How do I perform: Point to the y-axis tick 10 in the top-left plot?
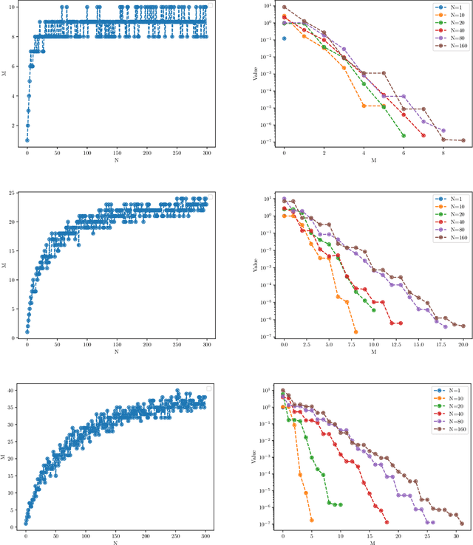point(17,7)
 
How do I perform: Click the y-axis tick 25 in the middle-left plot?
point(16,193)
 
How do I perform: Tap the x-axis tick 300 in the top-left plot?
point(206,153)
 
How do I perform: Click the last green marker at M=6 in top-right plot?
point(404,135)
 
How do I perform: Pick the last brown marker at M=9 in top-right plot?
point(463,140)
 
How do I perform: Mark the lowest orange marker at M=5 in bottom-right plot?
point(311,520)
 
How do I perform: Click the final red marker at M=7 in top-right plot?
point(423,135)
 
